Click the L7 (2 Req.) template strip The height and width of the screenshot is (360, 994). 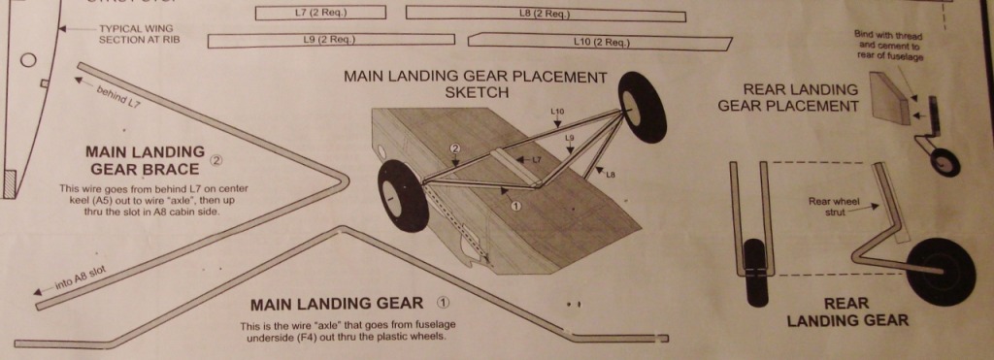320,13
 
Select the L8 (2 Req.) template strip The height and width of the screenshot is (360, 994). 546,14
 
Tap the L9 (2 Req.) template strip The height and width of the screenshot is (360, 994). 331,40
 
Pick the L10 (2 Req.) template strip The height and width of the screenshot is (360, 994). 600,43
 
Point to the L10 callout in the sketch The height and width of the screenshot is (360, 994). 557,112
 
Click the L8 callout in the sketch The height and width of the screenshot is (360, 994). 611,175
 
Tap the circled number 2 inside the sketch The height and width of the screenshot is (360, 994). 454,148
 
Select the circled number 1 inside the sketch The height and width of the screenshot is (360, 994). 515,206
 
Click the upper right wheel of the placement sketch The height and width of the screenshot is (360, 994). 642,107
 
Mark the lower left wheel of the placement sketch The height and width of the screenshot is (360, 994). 403,195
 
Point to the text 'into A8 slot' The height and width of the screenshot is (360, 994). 81,278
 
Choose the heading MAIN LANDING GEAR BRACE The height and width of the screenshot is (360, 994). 146,160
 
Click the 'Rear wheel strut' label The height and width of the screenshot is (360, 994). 834,207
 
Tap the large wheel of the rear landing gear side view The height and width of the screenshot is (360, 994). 940,272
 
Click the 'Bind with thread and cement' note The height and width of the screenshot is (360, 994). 889,45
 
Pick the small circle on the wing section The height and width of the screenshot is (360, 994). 28,60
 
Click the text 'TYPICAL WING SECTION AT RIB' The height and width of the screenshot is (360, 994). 136,34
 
